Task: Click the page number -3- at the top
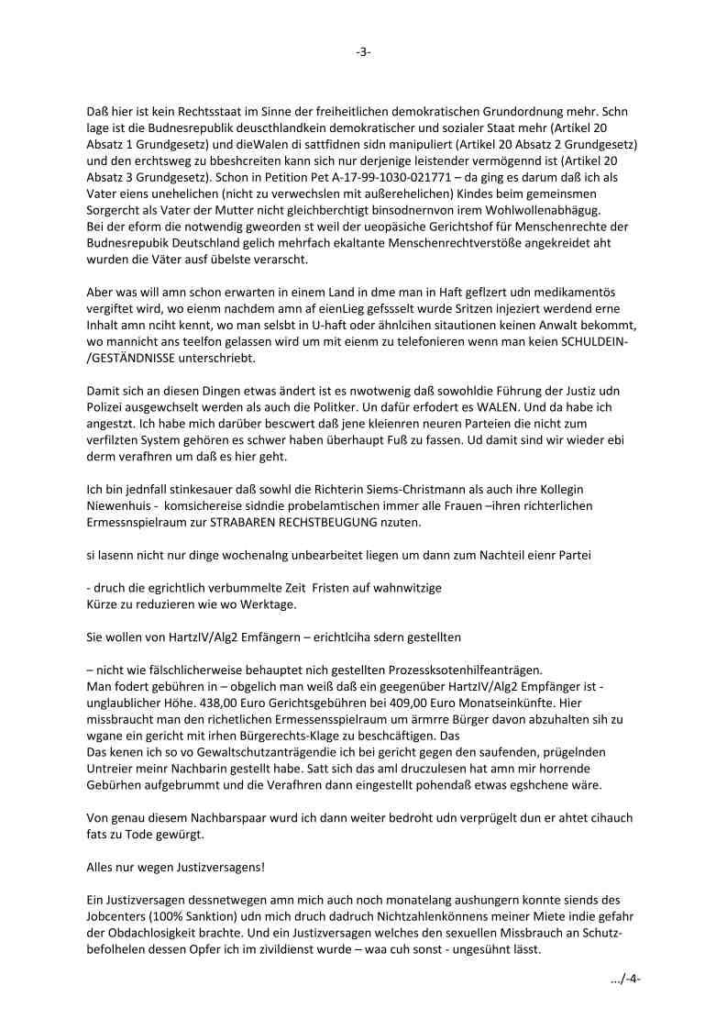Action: tap(363, 52)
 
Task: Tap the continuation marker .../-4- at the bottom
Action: tap(625, 979)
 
